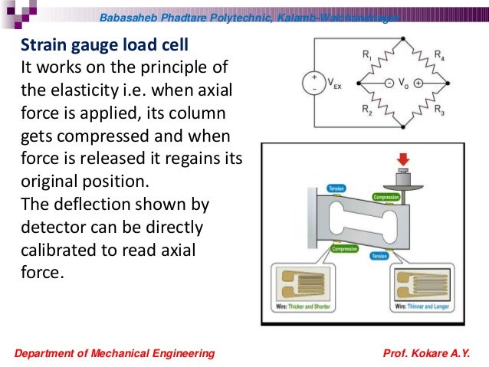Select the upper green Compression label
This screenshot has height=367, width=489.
386,197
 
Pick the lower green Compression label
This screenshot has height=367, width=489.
346,248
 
